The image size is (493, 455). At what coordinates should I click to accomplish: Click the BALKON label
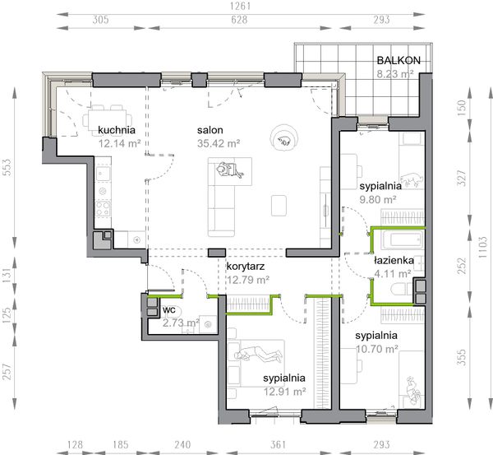point(399,60)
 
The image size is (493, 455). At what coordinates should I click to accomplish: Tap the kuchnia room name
point(117,130)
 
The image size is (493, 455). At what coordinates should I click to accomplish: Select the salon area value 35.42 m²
point(219,144)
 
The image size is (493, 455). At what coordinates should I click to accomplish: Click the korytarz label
point(246,267)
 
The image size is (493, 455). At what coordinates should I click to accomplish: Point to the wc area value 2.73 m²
point(181,323)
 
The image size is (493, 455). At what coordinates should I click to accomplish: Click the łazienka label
point(394,260)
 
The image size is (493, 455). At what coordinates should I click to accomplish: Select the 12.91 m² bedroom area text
point(284,392)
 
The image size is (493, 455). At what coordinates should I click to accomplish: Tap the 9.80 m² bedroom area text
point(378,199)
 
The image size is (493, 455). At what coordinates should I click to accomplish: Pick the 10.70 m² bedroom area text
point(377,349)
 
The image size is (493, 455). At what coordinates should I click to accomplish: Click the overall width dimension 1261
point(240,6)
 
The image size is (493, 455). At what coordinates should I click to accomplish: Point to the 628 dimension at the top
point(239,20)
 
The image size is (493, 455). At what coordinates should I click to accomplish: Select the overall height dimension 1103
point(482,247)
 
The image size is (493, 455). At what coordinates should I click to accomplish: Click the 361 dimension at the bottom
point(278,444)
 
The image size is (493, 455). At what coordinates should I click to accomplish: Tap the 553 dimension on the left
point(7,167)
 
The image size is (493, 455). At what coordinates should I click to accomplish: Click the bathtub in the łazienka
point(403,240)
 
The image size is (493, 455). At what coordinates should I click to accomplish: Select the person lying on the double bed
point(259,354)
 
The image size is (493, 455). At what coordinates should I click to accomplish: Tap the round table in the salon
point(284,138)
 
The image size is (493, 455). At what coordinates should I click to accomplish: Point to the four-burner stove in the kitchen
point(104,209)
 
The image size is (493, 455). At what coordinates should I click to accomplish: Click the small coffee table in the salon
point(279,206)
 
